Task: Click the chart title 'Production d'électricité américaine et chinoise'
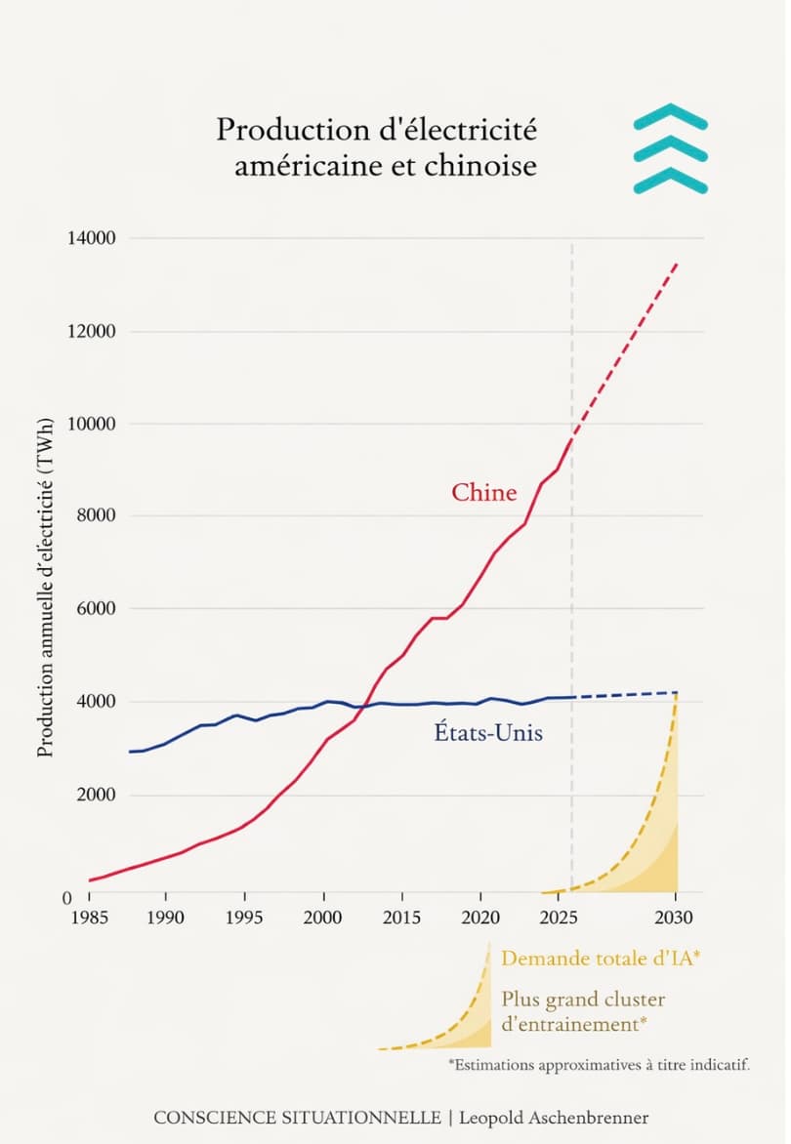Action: [376, 147]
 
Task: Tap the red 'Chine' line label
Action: [483, 493]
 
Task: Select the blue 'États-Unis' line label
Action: [487, 731]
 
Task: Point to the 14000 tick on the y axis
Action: [92, 238]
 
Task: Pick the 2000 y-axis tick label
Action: [96, 795]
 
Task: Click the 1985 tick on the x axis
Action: [89, 919]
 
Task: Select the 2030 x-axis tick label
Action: [675, 919]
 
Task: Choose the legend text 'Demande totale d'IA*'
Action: [601, 959]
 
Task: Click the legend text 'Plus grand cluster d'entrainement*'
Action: [583, 1012]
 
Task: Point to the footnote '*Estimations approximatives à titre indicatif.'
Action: [599, 1065]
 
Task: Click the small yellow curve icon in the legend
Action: [439, 1005]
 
